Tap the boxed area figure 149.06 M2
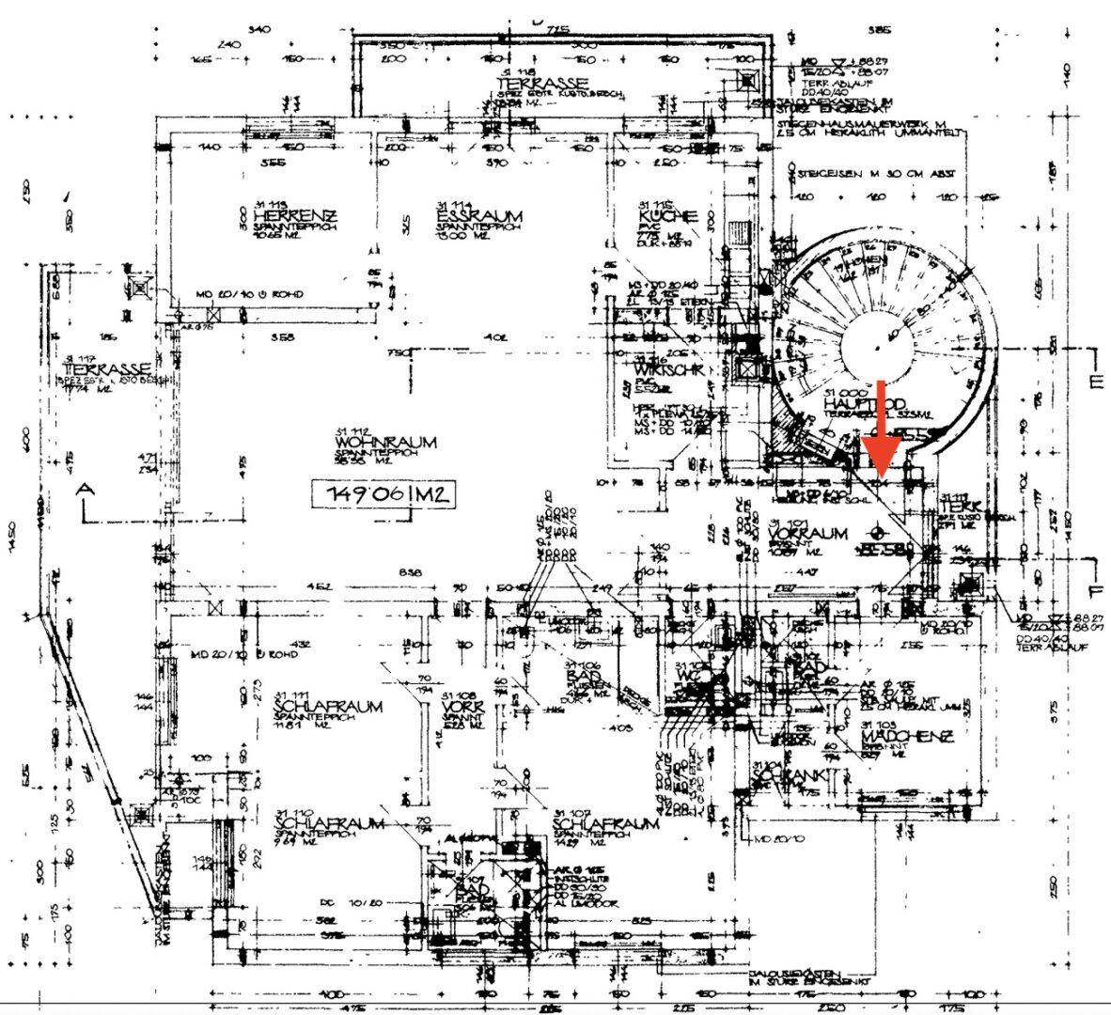(383, 492)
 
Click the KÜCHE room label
(668, 216)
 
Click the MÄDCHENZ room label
(907, 737)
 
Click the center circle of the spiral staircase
(876, 349)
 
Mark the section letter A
(86, 490)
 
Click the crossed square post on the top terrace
(749, 81)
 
